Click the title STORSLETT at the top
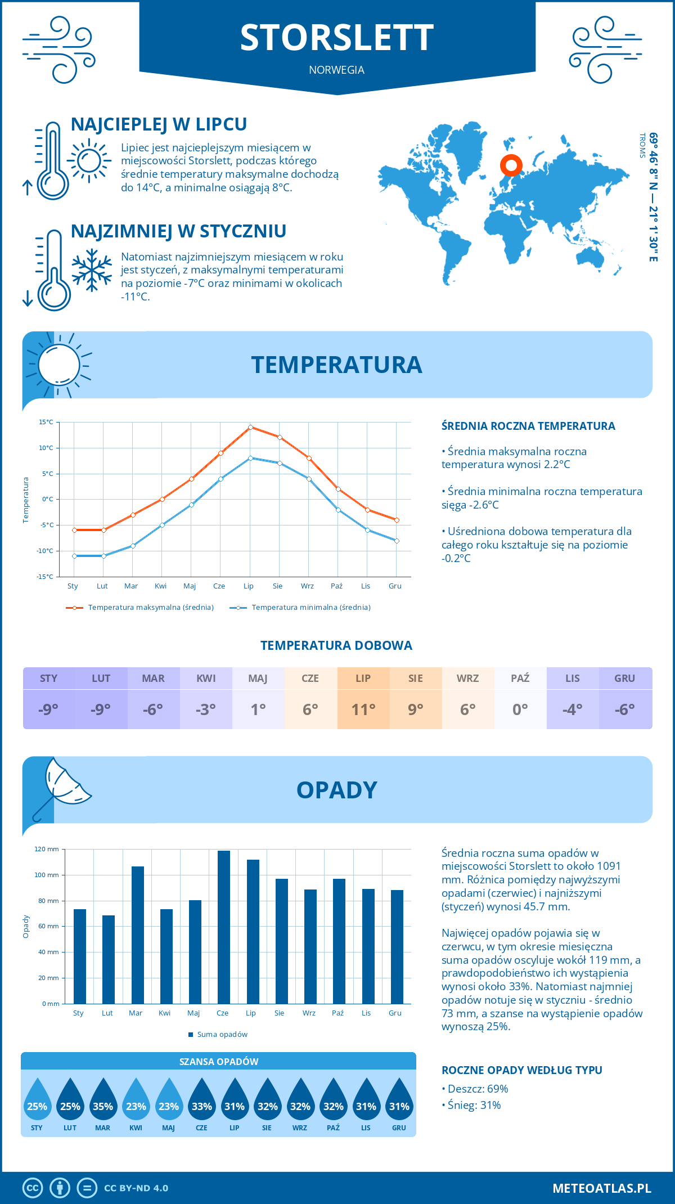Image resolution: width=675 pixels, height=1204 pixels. [336, 38]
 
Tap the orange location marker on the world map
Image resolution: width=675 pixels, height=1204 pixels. [511, 165]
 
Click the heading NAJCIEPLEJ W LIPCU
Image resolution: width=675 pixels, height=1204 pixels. [159, 124]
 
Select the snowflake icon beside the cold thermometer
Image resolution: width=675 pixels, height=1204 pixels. [92, 270]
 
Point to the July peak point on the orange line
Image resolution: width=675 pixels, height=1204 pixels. [250, 427]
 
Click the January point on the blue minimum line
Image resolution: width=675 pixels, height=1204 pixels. [74, 556]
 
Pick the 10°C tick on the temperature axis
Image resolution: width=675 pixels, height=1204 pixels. [46, 448]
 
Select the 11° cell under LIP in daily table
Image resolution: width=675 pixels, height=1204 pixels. [363, 709]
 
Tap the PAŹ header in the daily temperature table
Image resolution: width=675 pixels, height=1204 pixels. [520, 678]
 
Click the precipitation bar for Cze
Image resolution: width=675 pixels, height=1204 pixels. [224, 927]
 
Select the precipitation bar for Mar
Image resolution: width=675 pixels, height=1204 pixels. [137, 935]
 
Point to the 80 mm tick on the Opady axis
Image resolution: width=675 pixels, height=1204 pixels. [49, 901]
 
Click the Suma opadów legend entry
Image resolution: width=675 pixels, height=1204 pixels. [222, 1034]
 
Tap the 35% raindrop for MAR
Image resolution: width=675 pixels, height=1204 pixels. [103, 1103]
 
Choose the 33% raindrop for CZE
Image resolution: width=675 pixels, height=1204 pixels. [201, 1103]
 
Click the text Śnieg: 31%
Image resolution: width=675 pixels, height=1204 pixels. [474, 1105]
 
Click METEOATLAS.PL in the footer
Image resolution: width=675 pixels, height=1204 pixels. [601, 1188]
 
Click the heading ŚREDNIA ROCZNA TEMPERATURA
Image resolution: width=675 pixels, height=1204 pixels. [528, 426]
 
